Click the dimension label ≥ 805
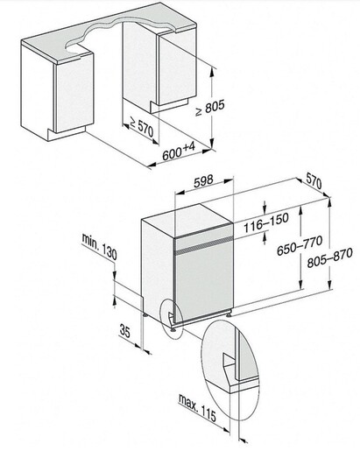[210, 108]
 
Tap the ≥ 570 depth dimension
[142, 127]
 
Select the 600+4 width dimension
[179, 151]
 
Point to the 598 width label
[203, 181]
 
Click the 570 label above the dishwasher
[314, 181]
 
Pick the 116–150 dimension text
[266, 222]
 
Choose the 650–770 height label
[300, 245]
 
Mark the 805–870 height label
[329, 257]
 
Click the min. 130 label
[99, 247]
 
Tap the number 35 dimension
[125, 331]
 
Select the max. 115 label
[197, 408]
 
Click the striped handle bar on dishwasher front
[204, 245]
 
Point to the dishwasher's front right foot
[230, 314]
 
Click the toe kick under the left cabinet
[67, 134]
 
